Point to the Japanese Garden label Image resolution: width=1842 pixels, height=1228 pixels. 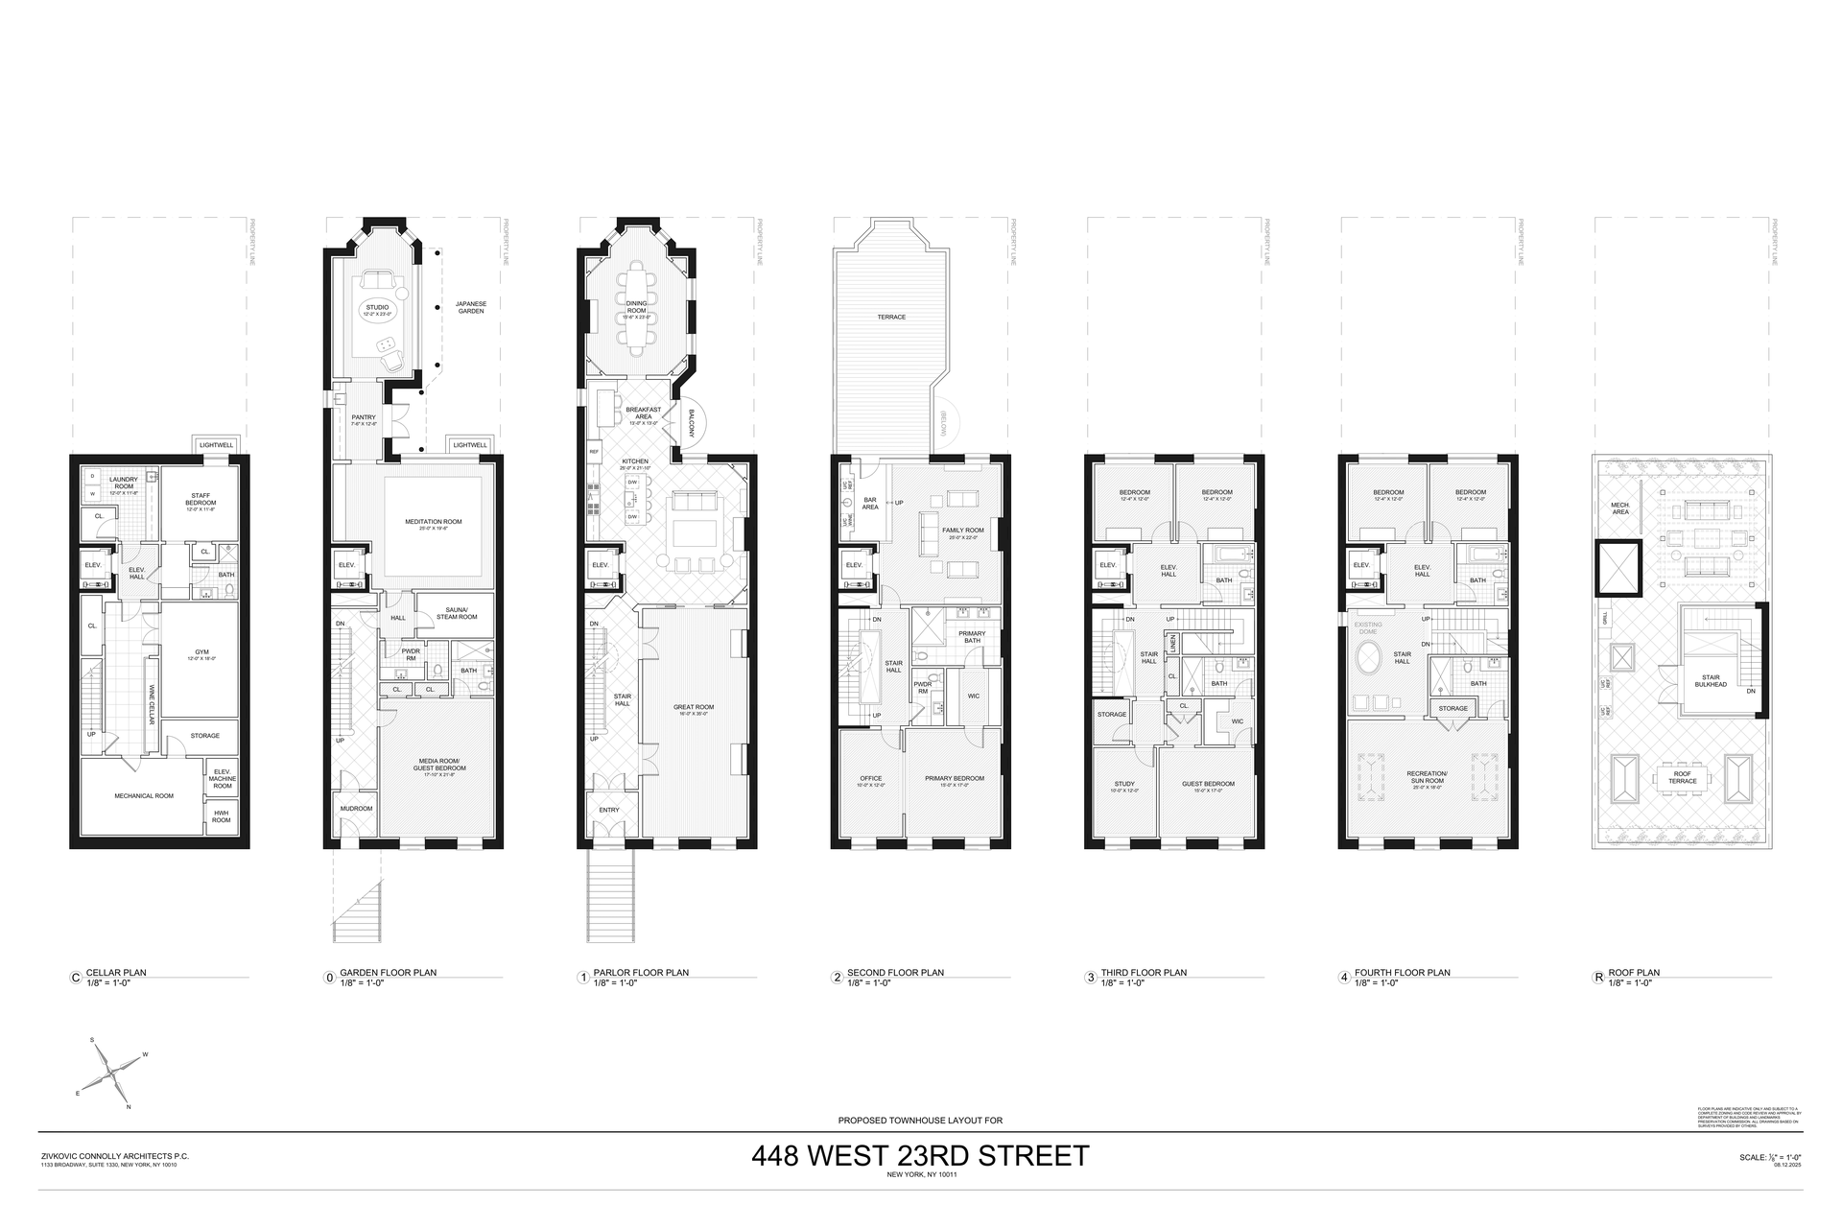pyautogui.click(x=470, y=308)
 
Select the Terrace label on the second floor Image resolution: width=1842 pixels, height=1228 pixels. pyautogui.click(x=891, y=317)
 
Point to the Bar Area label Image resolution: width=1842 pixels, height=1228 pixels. pyautogui.click(x=870, y=503)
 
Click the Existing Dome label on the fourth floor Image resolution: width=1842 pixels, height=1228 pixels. pyautogui.click(x=1369, y=628)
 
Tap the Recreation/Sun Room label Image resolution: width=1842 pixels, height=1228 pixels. pyautogui.click(x=1427, y=776)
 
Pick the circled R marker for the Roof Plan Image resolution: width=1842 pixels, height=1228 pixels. pyautogui.click(x=1597, y=978)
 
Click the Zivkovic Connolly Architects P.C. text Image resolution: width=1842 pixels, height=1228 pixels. pyautogui.click(x=114, y=1156)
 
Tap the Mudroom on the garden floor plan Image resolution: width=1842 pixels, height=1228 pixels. pyautogui.click(x=356, y=809)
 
